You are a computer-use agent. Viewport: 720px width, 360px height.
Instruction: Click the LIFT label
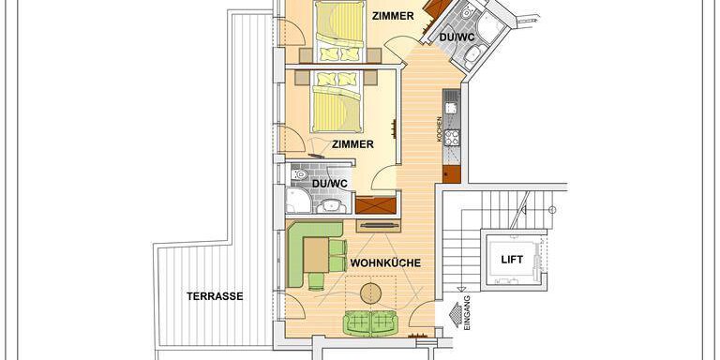pyautogui.click(x=512, y=260)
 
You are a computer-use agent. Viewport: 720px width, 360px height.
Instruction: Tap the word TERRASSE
pyautogui.click(x=215, y=296)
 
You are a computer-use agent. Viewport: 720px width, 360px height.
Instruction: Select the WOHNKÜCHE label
pyautogui.click(x=385, y=263)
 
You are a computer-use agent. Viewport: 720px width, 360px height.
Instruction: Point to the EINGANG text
pyautogui.click(x=467, y=311)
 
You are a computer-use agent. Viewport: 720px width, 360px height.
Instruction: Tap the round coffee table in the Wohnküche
pyautogui.click(x=371, y=292)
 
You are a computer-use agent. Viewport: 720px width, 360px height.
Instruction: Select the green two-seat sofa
pyautogui.click(x=371, y=322)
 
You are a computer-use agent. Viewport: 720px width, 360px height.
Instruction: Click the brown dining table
pyautogui.click(x=316, y=255)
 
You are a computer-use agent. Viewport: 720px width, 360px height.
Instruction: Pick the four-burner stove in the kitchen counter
pyautogui.click(x=451, y=137)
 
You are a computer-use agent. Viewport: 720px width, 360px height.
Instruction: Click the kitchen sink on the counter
pyautogui.click(x=451, y=108)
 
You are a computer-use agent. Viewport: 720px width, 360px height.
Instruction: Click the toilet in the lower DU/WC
pyautogui.click(x=300, y=174)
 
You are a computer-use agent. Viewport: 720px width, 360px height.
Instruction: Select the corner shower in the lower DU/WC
pyautogui.click(x=298, y=201)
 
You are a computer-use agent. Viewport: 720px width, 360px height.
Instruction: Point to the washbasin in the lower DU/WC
pyautogui.click(x=332, y=206)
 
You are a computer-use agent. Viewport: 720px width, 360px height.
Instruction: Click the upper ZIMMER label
pyautogui.click(x=393, y=16)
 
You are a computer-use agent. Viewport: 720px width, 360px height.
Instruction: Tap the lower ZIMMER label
pyautogui.click(x=352, y=144)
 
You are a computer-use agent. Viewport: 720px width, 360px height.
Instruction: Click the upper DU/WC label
pyautogui.click(x=457, y=37)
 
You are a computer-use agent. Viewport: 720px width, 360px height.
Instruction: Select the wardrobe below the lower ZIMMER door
pyautogui.click(x=376, y=205)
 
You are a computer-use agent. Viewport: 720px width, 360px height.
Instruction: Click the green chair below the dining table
pyautogui.click(x=316, y=281)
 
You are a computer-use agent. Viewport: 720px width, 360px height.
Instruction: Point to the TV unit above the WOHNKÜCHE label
pyautogui.click(x=379, y=225)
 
